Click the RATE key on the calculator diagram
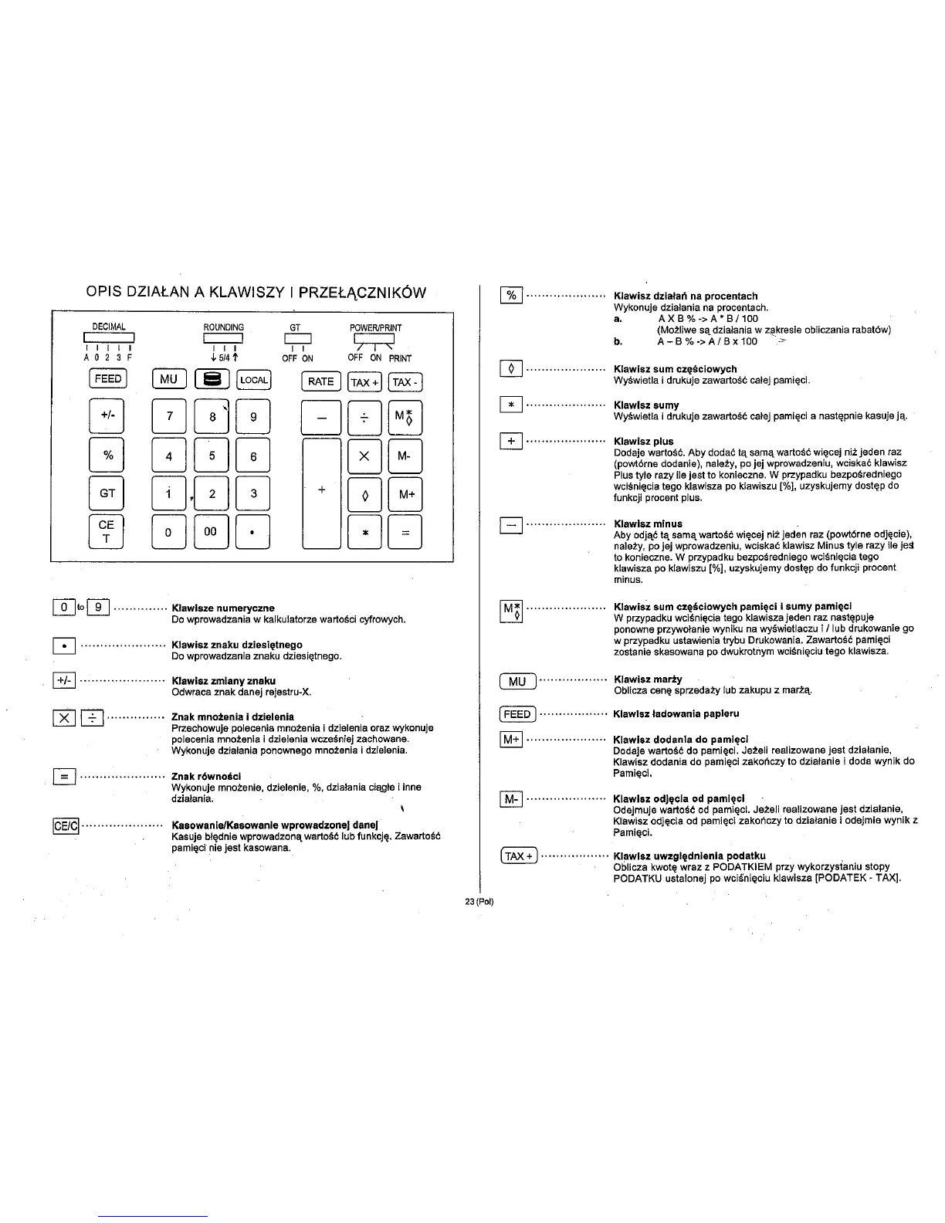pos(320,381)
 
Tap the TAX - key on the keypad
pos(406,382)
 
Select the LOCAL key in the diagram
pos(253,379)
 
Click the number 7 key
pos(169,418)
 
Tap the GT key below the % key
pos(107,493)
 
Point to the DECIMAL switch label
pos(109,327)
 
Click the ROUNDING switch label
pos(223,327)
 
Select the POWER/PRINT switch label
pos(375,327)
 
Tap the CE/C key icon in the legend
pos(65,826)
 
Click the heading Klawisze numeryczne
pos(222,608)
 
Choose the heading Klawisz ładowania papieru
pos(676,713)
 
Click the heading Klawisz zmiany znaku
pos(223,681)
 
